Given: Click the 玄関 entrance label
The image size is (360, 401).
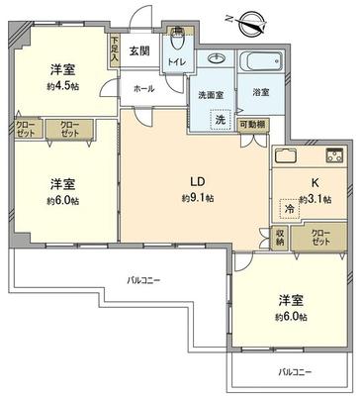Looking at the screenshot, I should click(x=139, y=50).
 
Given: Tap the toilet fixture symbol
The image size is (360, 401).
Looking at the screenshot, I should click(x=177, y=46).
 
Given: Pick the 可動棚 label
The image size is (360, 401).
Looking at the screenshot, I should click(x=251, y=125).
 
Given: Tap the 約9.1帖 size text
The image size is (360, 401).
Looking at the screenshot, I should click(x=199, y=197).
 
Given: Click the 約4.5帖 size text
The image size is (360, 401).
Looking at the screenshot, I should click(x=64, y=86).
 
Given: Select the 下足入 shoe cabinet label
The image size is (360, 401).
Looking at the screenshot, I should click(x=115, y=51).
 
